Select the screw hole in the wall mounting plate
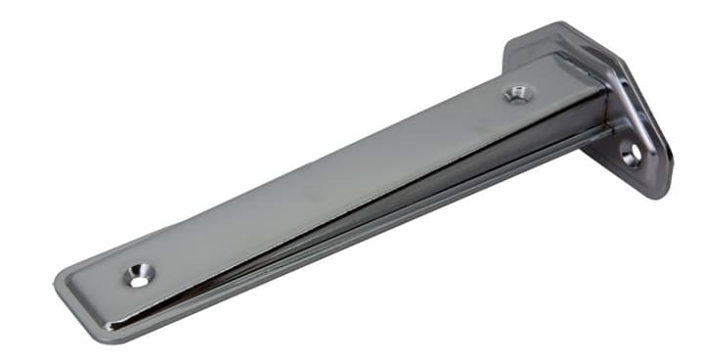point(631,154)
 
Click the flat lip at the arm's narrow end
point(88,293)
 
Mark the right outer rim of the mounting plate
point(669,147)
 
